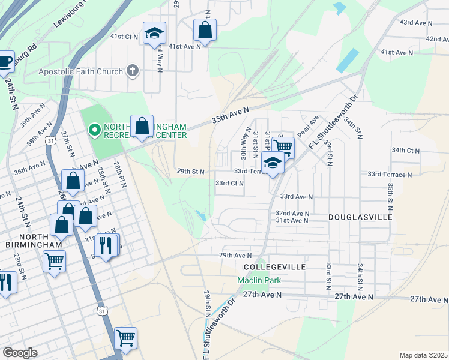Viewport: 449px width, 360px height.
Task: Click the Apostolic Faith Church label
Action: click(x=80, y=71)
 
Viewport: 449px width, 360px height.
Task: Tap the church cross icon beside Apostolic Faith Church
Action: click(x=133, y=71)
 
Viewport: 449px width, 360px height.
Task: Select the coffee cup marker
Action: click(x=5, y=61)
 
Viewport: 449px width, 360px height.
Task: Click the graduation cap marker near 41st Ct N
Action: click(x=154, y=34)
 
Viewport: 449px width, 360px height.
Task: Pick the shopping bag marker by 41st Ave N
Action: click(x=205, y=31)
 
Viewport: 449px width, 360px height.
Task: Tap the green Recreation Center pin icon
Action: click(x=94, y=129)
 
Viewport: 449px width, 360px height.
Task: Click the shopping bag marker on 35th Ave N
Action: click(x=142, y=127)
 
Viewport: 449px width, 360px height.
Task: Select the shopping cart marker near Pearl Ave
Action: click(x=283, y=146)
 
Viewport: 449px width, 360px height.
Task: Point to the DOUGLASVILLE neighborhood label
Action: click(x=360, y=216)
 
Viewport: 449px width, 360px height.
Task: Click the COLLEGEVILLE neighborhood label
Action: click(x=274, y=266)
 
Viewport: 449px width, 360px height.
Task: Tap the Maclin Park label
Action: click(x=259, y=280)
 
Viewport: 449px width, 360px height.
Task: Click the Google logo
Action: click(x=20, y=352)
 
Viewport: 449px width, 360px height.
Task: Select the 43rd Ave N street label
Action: click(x=416, y=22)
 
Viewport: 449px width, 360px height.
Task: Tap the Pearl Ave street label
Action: click(x=307, y=126)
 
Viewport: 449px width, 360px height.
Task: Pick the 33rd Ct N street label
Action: click(x=229, y=183)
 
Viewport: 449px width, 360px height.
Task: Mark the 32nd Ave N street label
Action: click(x=292, y=213)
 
